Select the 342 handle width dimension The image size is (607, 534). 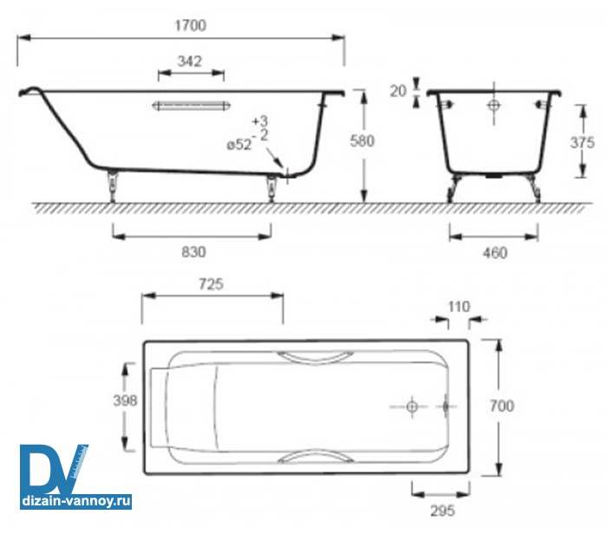pos(189,62)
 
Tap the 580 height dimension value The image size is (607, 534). pos(362,141)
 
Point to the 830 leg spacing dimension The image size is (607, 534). pos(193,252)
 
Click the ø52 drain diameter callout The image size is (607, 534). pos(239,146)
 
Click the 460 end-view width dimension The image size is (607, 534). pos(493,253)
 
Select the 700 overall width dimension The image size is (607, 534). pos(502,406)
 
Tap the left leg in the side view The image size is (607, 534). pos(112,185)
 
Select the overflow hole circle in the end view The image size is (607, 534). pos(493,107)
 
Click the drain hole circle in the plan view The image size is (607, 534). pos(413,406)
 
